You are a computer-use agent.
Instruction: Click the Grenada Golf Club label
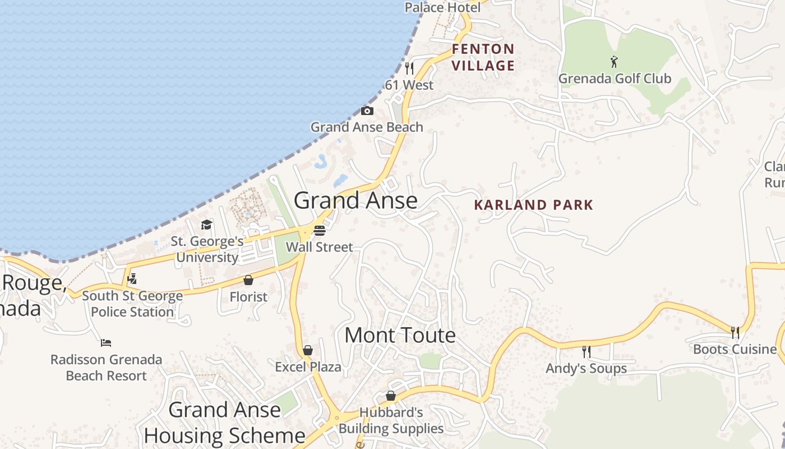(615, 79)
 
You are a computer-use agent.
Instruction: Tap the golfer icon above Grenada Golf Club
(614, 62)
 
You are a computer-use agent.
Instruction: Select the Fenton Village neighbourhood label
(483, 57)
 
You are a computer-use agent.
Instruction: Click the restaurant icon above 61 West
(409, 68)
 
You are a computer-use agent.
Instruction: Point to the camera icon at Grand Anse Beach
(367, 111)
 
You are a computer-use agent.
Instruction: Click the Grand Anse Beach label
(367, 127)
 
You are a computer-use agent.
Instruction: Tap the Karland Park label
(533, 205)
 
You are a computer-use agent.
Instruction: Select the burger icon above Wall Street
(320, 230)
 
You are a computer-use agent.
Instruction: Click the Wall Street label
(320, 247)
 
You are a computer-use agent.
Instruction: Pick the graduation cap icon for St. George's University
(207, 225)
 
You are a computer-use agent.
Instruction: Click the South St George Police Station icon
(132, 278)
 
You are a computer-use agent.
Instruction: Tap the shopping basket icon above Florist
(248, 280)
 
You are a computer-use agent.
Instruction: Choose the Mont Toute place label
(400, 336)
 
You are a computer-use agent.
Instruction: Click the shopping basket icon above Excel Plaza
(308, 351)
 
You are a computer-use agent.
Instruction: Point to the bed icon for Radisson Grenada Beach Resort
(106, 342)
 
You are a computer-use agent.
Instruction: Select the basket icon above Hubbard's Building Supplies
(391, 396)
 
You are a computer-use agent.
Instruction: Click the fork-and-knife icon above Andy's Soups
(587, 352)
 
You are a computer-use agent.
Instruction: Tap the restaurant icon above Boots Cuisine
(735, 333)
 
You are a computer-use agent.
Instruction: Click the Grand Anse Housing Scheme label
(224, 423)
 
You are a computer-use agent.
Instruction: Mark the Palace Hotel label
(443, 7)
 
